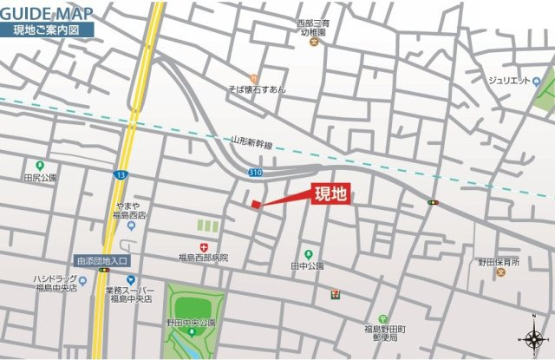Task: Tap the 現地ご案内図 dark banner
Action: [x=47, y=29]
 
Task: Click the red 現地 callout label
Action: [x=330, y=194]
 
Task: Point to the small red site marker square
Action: [x=255, y=205]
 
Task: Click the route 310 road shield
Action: [x=255, y=173]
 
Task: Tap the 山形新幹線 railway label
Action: [x=252, y=144]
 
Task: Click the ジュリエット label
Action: [x=508, y=82]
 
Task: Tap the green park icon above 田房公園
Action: [x=39, y=166]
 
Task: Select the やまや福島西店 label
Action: [x=130, y=211]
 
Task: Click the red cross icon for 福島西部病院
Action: [x=203, y=246]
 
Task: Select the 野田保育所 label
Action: [x=499, y=262]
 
